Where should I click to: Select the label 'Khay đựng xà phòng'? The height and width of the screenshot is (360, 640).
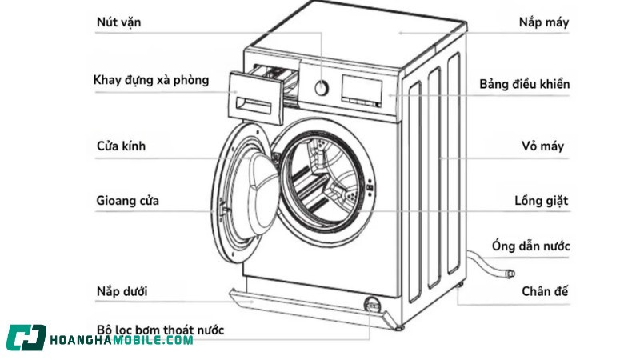coord(151,80)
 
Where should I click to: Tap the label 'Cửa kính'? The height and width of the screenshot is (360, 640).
coord(121,146)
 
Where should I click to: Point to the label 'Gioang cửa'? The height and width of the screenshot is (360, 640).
coord(126,200)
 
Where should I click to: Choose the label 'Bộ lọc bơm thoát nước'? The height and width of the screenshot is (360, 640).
coord(160,330)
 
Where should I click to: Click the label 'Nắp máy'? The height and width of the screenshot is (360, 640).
coord(543,22)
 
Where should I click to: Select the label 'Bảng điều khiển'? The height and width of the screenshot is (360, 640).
coord(524,84)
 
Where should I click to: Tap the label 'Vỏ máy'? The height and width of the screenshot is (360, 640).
coord(542,146)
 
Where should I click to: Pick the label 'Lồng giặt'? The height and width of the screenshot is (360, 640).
coord(541,200)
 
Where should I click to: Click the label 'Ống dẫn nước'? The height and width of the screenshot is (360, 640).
coord(530,246)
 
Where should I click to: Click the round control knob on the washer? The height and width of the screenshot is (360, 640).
coord(321,87)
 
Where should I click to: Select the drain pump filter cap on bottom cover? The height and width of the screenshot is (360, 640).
coord(370,305)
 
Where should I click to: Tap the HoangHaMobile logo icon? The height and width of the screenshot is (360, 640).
coord(26,338)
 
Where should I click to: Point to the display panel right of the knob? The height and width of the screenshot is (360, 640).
coord(363,90)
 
